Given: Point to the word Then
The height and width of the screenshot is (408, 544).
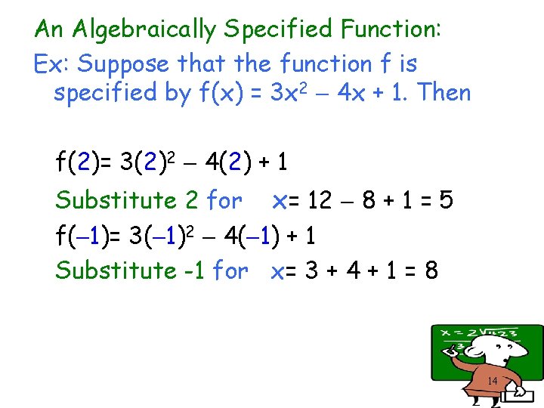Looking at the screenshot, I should [x=444, y=94].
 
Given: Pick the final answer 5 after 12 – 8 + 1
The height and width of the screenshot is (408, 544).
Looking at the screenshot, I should [x=446, y=201].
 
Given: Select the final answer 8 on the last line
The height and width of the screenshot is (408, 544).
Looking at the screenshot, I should [x=431, y=270].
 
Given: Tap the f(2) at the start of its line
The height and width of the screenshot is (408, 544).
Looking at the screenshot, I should [x=78, y=162].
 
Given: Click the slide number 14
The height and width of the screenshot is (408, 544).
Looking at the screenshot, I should [x=492, y=382].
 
